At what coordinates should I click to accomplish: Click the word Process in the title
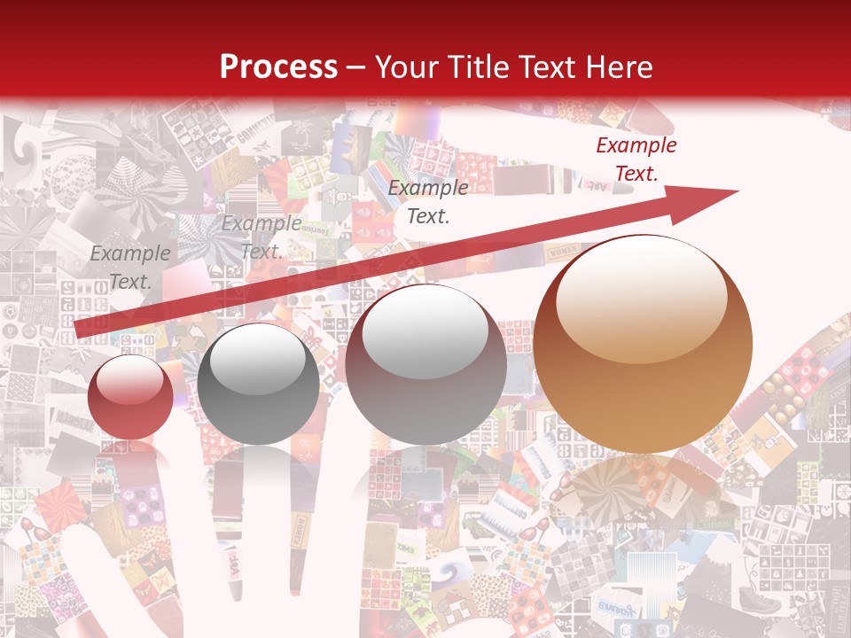278,66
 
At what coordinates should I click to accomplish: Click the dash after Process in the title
356,68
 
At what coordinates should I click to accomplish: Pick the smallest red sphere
130,396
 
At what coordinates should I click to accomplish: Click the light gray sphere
258,384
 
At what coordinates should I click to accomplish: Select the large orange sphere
643,344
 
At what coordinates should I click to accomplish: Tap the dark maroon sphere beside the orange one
425,363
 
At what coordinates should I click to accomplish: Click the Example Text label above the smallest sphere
129,267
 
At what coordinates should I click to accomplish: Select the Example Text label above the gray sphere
261,237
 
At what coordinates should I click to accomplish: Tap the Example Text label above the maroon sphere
428,201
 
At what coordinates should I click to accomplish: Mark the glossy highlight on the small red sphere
131,379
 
